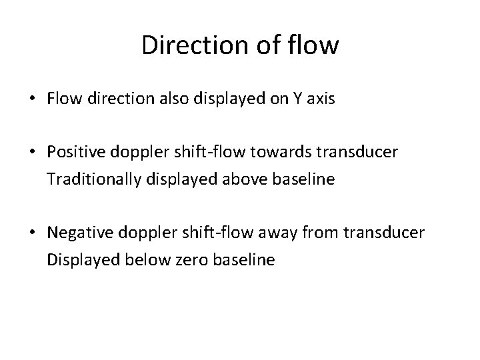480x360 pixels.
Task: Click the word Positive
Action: (75, 153)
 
